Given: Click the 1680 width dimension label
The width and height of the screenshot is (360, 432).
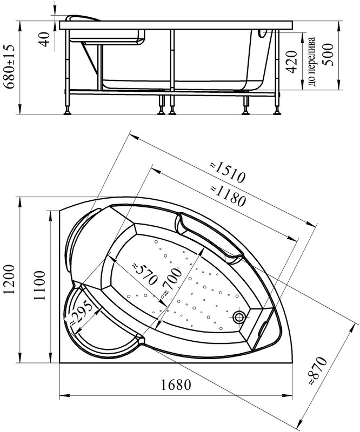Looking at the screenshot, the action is tap(176, 384).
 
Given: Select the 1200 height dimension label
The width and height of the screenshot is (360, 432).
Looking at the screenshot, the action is tap(10, 279).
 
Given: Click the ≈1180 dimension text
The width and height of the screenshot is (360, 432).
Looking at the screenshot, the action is tap(228, 195).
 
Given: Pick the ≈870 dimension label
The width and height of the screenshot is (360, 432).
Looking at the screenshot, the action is tap(317, 371).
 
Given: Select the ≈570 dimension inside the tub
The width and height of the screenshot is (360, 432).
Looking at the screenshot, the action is tap(145, 274).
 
